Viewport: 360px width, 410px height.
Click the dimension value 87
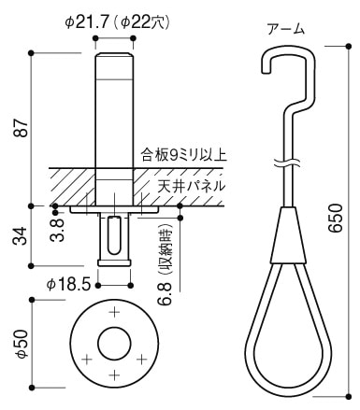click(x=22, y=128)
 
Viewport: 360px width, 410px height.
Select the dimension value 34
click(x=21, y=236)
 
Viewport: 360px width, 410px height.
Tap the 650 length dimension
click(x=336, y=218)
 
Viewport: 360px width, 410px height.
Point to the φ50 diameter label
click(x=22, y=344)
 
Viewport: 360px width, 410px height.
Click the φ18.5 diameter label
click(x=68, y=285)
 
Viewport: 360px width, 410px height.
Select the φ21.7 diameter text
click(x=87, y=22)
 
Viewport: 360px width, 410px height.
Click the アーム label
click(x=285, y=29)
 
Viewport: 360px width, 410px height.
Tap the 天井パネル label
click(x=191, y=186)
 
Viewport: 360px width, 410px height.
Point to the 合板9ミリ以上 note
click(x=184, y=155)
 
